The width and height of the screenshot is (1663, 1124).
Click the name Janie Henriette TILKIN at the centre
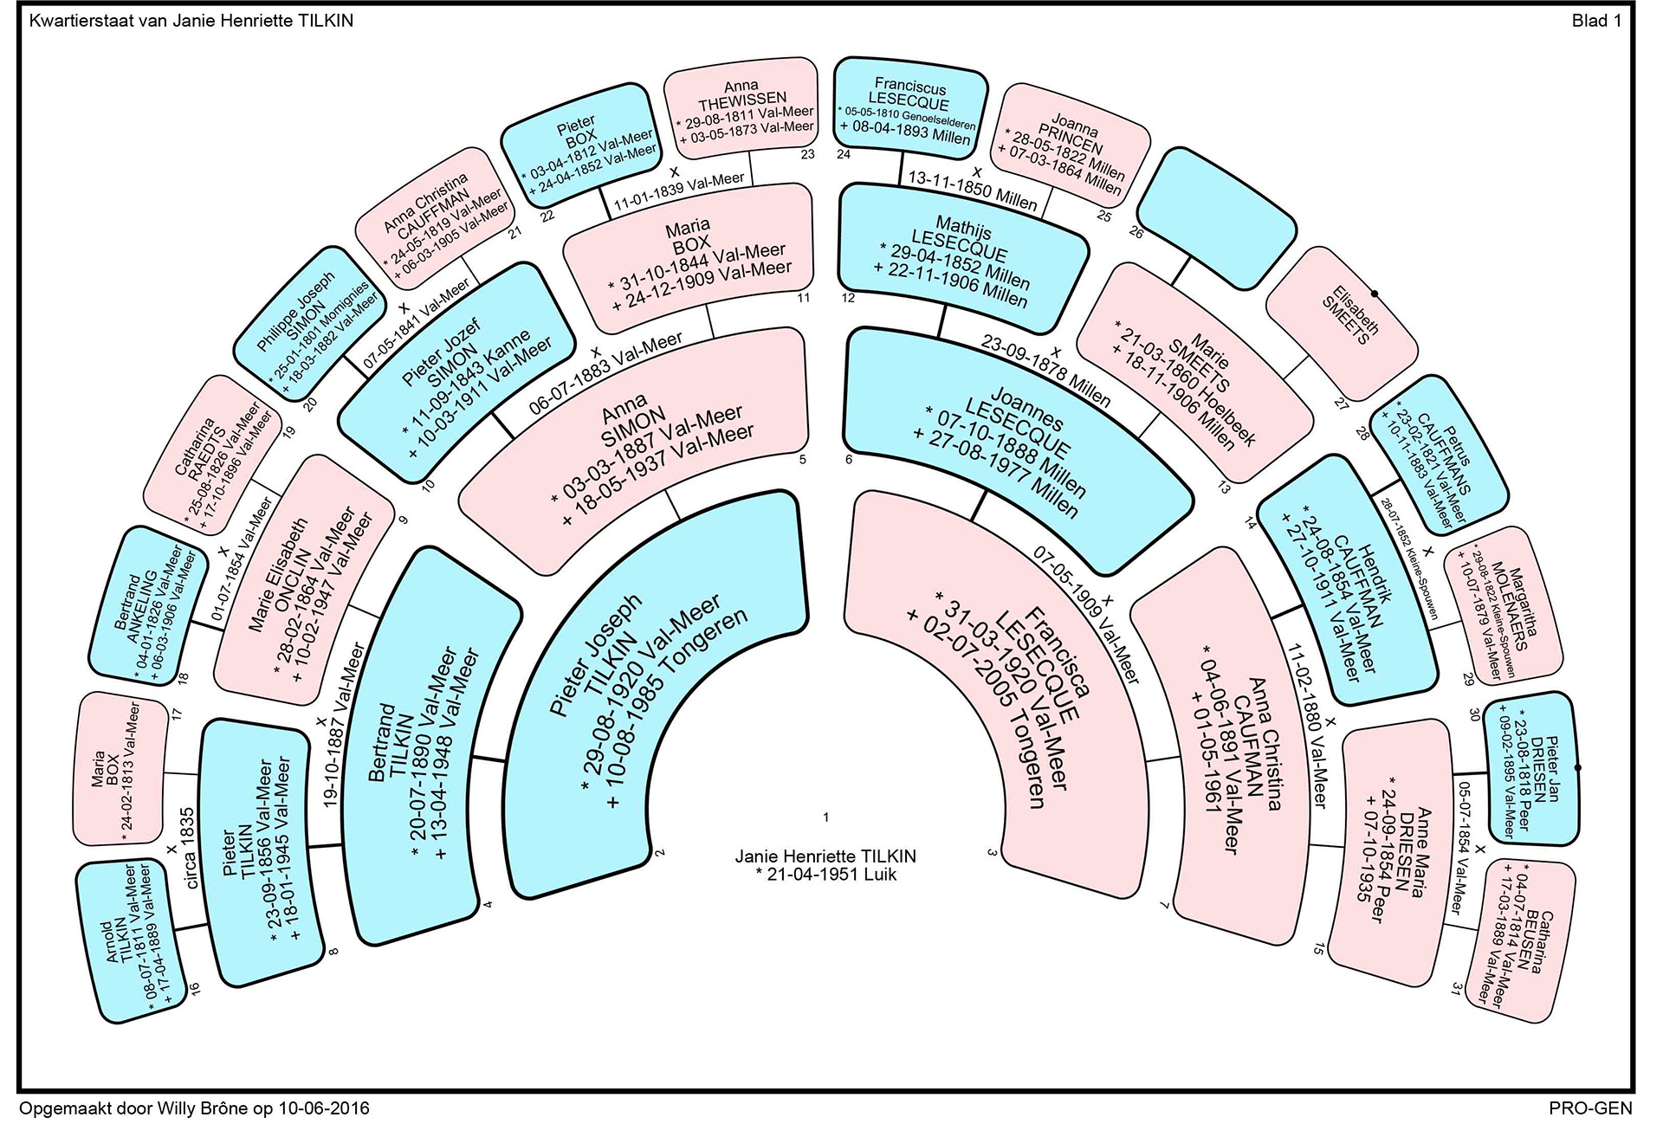pyautogui.click(x=825, y=856)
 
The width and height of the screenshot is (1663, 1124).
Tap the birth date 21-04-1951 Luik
pyautogui.click(x=825, y=875)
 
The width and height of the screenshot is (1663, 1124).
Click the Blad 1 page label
pyautogui.click(x=1596, y=21)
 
